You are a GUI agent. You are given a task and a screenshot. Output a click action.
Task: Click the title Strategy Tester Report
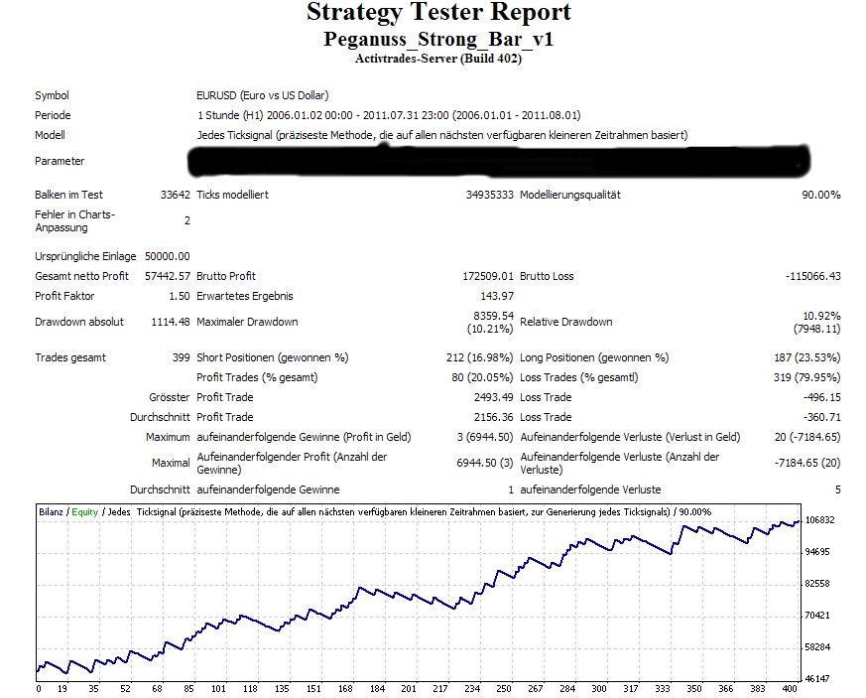[438, 14]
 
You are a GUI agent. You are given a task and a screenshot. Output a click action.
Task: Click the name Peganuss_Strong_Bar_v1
[438, 40]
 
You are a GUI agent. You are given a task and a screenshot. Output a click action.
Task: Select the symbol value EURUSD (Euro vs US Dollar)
[262, 96]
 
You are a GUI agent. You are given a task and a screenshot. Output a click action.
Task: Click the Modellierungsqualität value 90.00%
[820, 196]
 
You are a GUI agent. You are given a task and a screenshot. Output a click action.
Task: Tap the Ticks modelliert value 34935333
[490, 196]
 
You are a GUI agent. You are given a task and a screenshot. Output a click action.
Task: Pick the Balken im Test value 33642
[174, 196]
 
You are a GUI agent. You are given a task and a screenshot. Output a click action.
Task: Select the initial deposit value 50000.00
[167, 256]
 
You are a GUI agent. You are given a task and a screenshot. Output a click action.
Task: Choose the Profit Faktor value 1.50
[179, 296]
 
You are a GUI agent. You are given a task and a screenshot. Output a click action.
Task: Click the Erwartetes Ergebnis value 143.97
[498, 296]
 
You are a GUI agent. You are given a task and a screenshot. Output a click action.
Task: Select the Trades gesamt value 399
[181, 357]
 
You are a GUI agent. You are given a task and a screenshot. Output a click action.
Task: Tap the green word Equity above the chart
[84, 511]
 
